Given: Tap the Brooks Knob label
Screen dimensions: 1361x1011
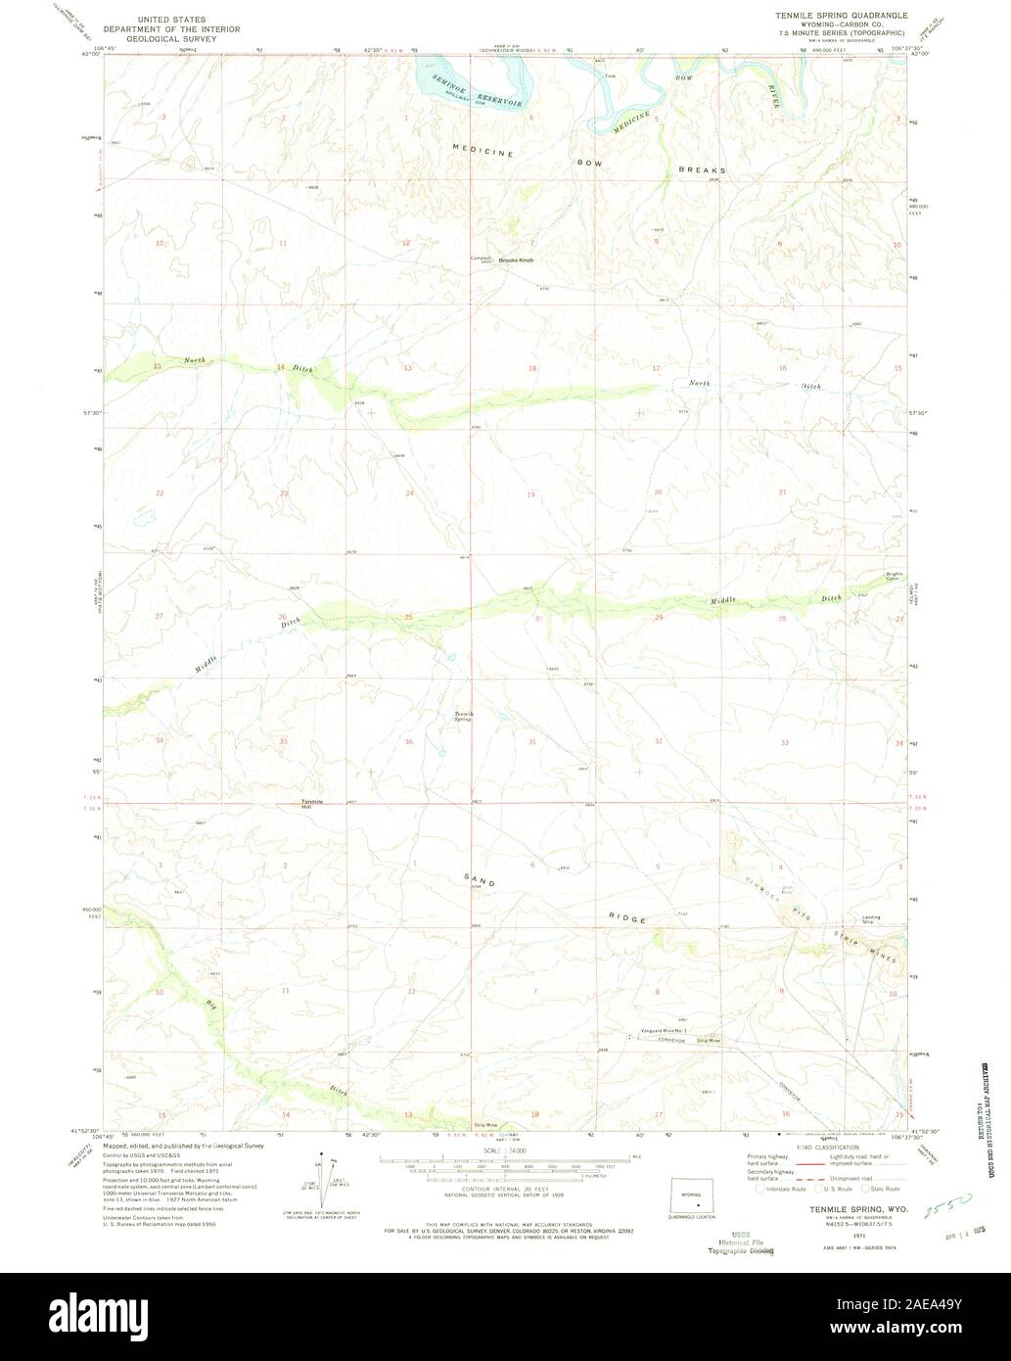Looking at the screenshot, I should (515, 259).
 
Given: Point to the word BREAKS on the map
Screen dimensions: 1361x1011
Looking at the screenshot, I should (703, 169).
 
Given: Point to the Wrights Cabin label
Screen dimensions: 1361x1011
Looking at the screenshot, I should (893, 577).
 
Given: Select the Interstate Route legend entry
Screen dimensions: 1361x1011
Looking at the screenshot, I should (785, 1189).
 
